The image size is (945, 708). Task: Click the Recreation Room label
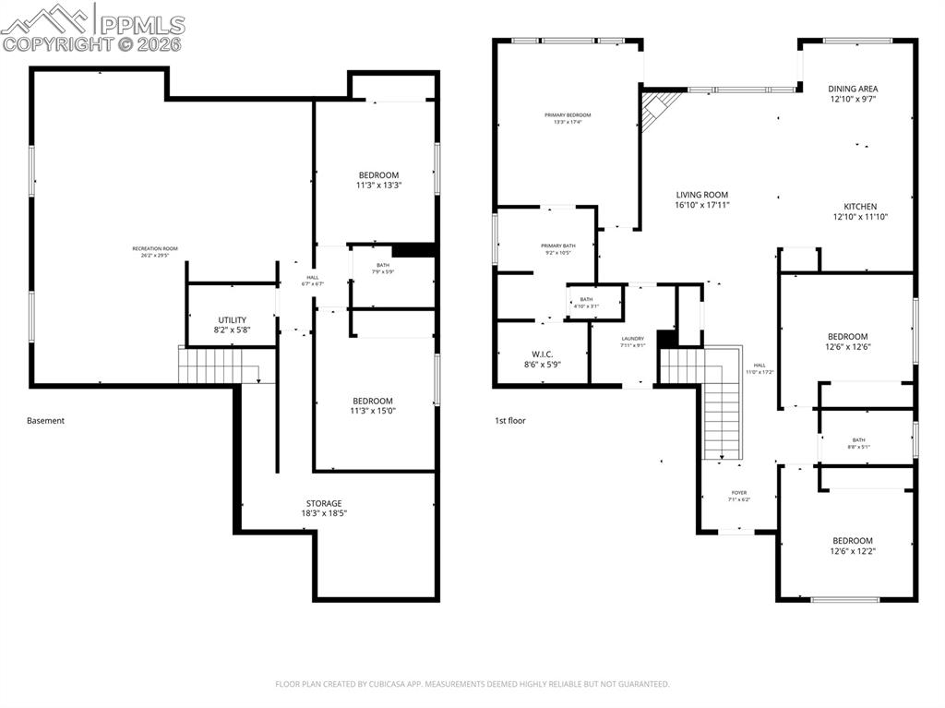click(155, 252)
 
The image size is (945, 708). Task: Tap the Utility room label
click(233, 324)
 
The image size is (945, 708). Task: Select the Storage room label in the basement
click(324, 508)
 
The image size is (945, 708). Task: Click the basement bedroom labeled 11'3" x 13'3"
click(378, 180)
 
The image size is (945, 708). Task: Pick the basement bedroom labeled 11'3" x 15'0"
click(373, 405)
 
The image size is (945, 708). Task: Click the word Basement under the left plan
click(46, 421)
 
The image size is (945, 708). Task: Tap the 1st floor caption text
click(509, 421)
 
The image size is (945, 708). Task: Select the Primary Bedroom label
click(567, 118)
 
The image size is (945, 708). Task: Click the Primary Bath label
click(557, 248)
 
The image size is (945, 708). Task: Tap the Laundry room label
click(632, 342)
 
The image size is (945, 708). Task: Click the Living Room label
click(702, 200)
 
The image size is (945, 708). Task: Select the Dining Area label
click(853, 93)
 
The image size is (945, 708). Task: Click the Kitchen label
click(860, 211)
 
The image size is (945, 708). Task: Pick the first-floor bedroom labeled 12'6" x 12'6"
click(847, 342)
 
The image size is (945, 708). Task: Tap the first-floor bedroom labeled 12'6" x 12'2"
click(852, 546)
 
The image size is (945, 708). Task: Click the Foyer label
click(739, 496)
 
